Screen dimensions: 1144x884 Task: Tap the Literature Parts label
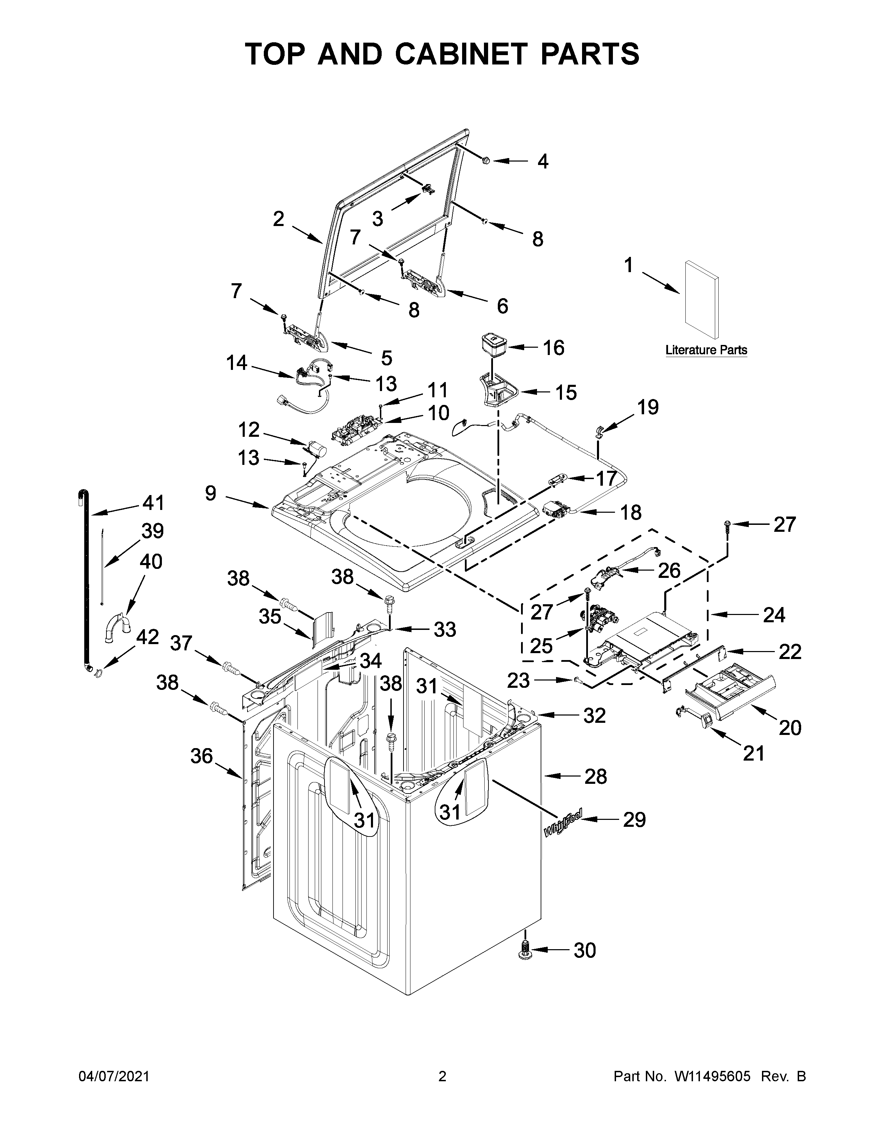coord(706,350)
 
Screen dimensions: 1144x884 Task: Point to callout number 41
coord(154,503)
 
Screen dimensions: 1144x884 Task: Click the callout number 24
coord(773,615)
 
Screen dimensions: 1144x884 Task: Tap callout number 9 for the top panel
coord(210,493)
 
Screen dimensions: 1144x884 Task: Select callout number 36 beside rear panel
coord(202,756)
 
